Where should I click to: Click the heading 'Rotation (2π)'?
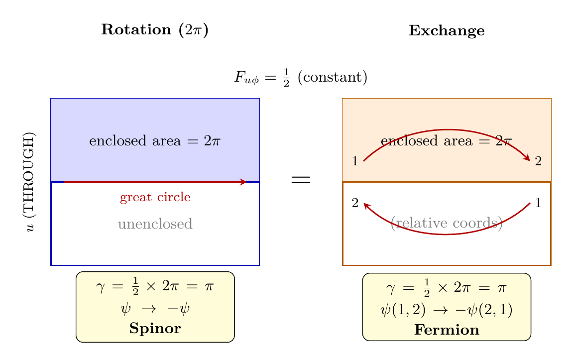click(x=155, y=30)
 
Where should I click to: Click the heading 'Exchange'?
click(x=447, y=31)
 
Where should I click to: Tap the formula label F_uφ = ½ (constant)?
click(x=301, y=78)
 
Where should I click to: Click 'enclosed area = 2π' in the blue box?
click(x=155, y=141)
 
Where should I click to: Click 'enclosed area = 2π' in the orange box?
click(x=447, y=141)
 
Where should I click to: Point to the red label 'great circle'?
click(x=155, y=197)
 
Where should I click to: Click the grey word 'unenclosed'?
click(x=155, y=224)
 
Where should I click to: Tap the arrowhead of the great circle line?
click(x=243, y=182)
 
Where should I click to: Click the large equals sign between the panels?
click(x=301, y=180)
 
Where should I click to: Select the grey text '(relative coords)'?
click(x=447, y=223)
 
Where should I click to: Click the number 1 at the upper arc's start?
click(x=355, y=161)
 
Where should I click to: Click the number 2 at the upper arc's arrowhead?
click(x=538, y=161)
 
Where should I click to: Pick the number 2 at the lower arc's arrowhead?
click(x=355, y=203)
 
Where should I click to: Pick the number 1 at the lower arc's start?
click(x=538, y=203)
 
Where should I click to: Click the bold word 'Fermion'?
click(x=447, y=330)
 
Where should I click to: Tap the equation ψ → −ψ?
click(x=155, y=309)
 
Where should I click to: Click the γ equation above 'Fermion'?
click(x=447, y=288)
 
